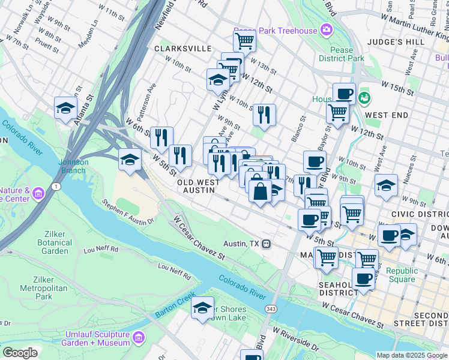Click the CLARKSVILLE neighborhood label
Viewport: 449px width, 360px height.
click(183, 48)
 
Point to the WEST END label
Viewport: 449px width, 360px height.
click(387, 115)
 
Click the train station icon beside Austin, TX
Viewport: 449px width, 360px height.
click(265, 244)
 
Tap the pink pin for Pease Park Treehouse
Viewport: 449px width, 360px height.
click(326, 29)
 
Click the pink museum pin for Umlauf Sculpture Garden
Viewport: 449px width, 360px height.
click(139, 338)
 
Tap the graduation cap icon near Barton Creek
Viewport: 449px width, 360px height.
click(203, 308)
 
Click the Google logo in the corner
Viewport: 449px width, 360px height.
click(20, 353)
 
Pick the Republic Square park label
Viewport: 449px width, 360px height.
click(402, 275)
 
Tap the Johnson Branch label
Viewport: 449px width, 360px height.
click(73, 166)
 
